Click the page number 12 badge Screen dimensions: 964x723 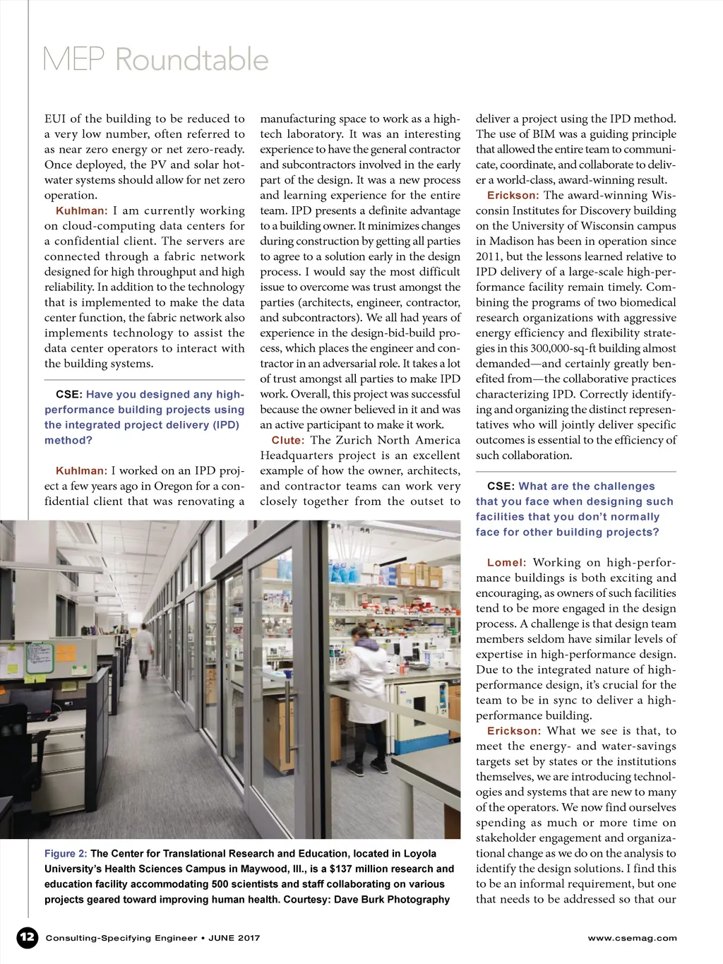coord(27,937)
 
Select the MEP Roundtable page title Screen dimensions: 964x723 coord(155,59)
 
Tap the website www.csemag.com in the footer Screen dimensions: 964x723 coord(632,938)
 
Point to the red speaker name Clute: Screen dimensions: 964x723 coord(288,440)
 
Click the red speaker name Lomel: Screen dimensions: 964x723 coord(506,563)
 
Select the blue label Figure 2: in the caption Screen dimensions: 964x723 coord(66,854)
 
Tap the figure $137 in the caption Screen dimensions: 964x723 coord(342,869)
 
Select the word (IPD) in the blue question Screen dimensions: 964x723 coord(222,425)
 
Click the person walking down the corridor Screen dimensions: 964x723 coord(144,648)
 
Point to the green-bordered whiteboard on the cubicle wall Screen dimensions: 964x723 coord(39,658)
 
